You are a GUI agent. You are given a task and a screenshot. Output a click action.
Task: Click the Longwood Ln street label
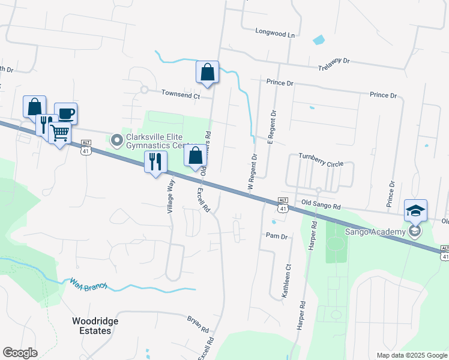pyautogui.click(x=276, y=34)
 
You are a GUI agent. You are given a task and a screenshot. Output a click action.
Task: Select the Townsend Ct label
pyautogui.click(x=180, y=94)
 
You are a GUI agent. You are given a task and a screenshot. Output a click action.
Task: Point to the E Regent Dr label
pyautogui.click(x=271, y=127)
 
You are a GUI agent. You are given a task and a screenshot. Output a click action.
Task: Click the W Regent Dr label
pyautogui.click(x=253, y=173)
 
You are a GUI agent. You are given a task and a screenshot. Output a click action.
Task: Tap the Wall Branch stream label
pyautogui.click(x=88, y=283)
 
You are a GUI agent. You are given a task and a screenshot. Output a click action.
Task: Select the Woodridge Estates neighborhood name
pyautogui.click(x=95, y=326)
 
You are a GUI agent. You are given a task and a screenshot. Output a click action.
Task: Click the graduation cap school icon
pyautogui.click(x=415, y=211)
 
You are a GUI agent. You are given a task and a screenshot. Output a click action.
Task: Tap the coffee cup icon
pyautogui.click(x=65, y=113)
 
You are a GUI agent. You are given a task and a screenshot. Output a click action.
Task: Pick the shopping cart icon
pyautogui.click(x=60, y=133)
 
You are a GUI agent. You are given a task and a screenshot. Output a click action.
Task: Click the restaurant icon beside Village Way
pyautogui.click(x=155, y=161)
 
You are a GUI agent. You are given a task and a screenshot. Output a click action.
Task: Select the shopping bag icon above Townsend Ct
pyautogui.click(x=207, y=72)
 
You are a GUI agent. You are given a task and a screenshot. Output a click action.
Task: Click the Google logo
pyautogui.click(x=20, y=353)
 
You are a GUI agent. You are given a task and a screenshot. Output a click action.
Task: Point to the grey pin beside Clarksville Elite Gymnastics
pyautogui.click(x=117, y=140)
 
